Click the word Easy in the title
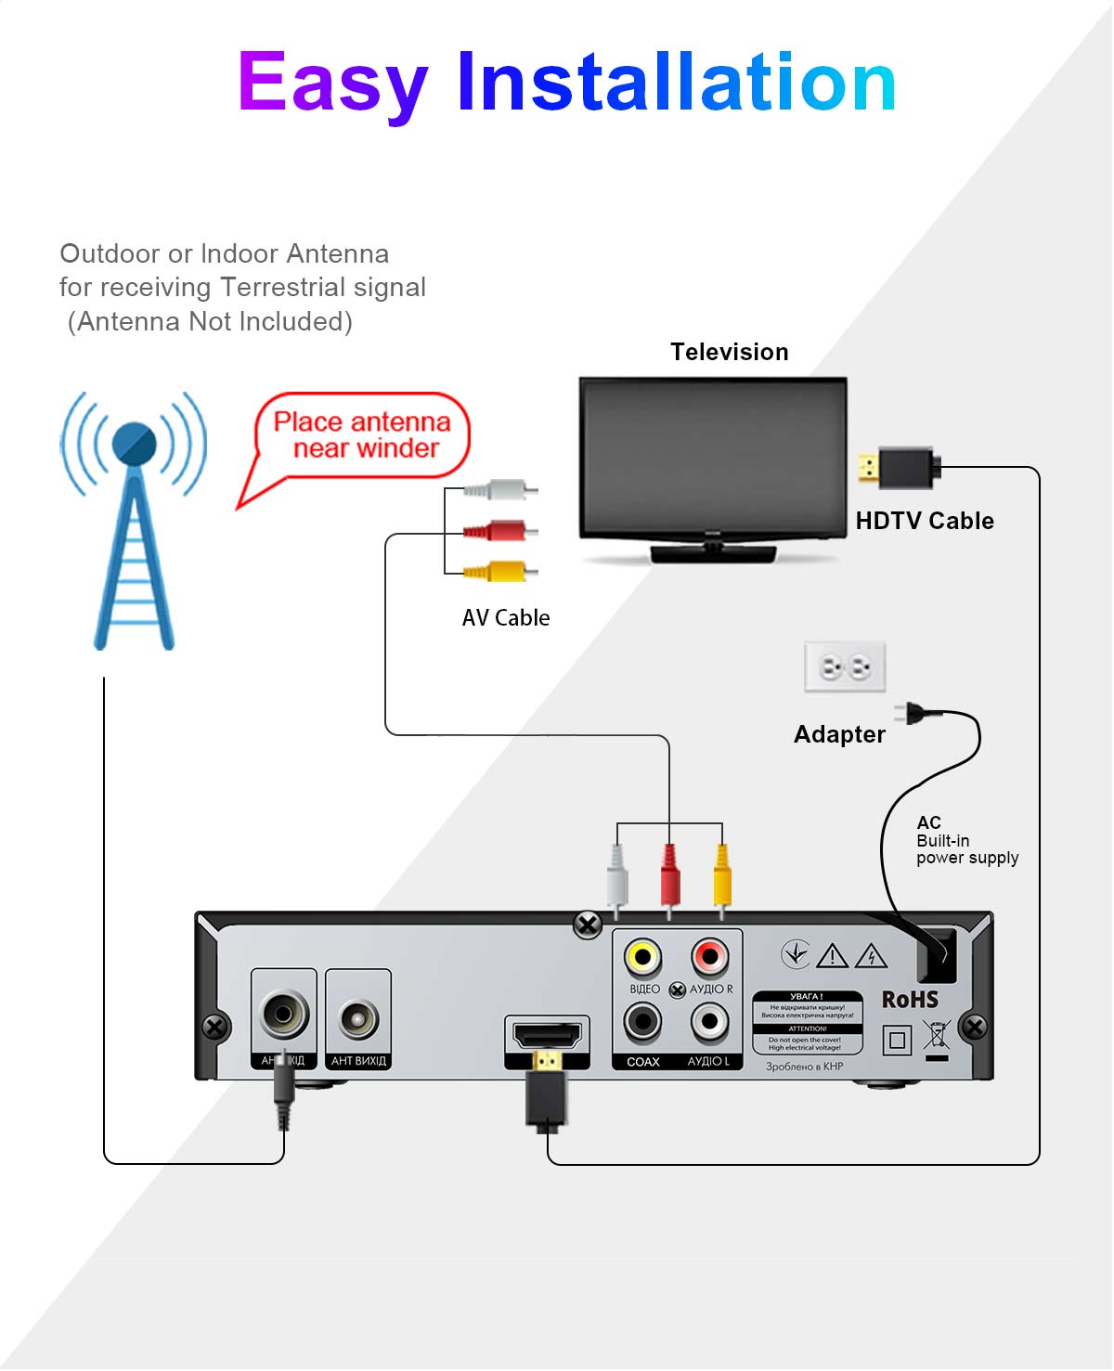tap(332, 84)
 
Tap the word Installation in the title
tap(676, 84)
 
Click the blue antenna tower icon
tap(135, 520)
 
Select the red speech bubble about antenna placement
tap(362, 435)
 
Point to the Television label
tap(729, 352)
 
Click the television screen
tap(713, 457)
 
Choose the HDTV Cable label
tap(924, 521)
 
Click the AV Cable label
tap(505, 618)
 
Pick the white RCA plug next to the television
tap(501, 489)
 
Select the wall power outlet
tap(845, 666)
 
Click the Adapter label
tap(839, 734)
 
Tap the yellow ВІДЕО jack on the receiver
tap(642, 956)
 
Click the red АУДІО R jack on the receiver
tap(710, 956)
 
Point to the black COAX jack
tap(642, 1023)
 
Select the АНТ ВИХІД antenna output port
tap(358, 1019)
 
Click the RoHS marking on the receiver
tap(910, 1000)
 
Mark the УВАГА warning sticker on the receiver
tap(807, 1022)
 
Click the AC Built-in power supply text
tap(965, 841)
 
